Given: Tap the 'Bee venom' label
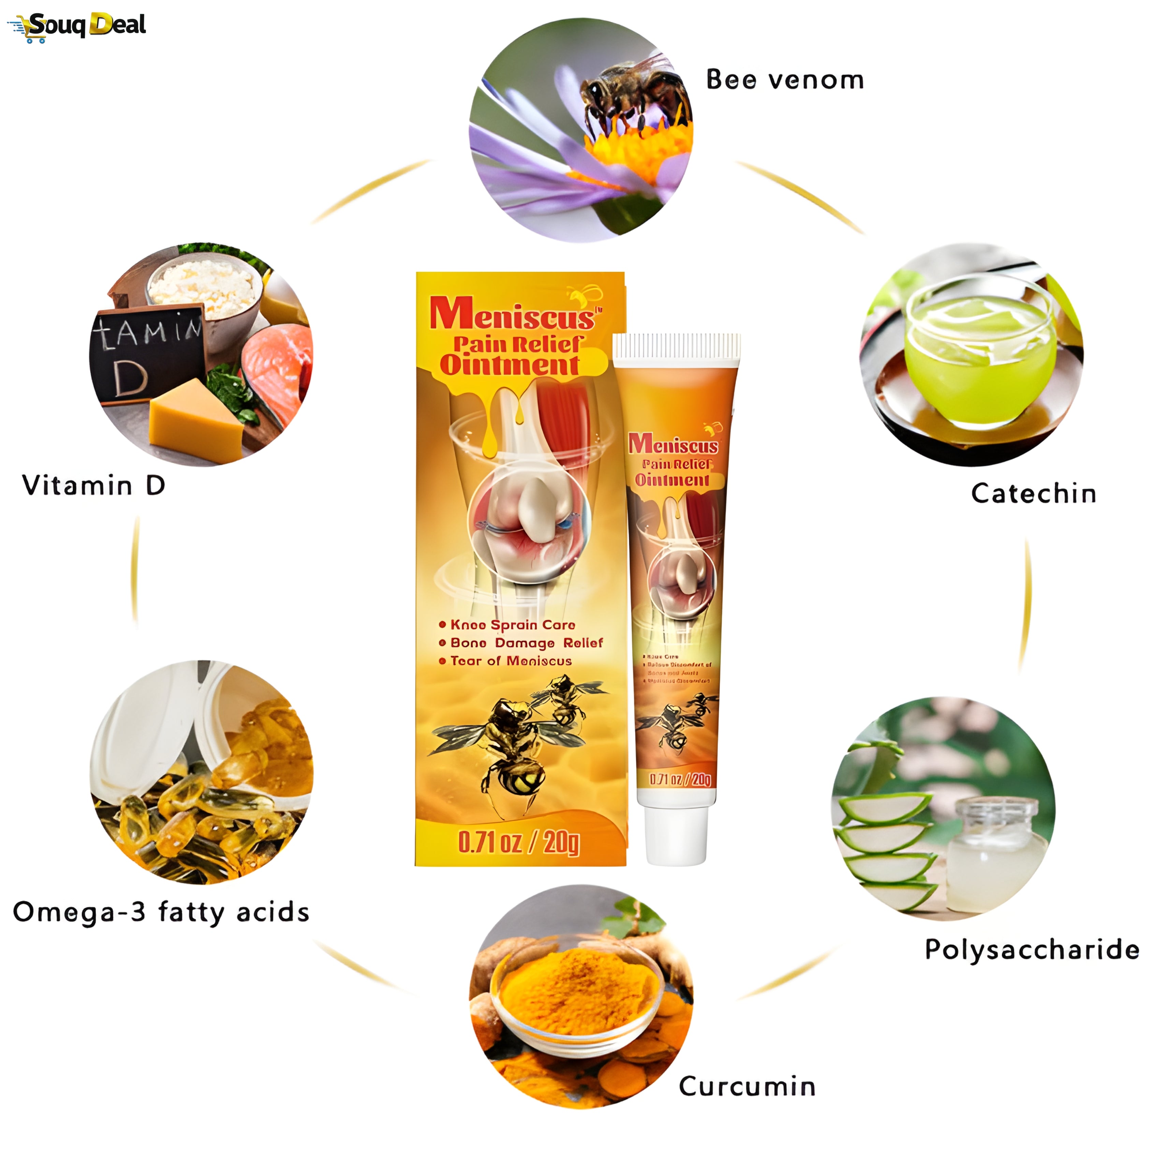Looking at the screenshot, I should (x=785, y=80).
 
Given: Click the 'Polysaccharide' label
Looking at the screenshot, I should (x=1031, y=949).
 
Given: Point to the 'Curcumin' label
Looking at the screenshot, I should (x=747, y=1086).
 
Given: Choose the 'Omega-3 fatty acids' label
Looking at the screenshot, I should (x=161, y=912).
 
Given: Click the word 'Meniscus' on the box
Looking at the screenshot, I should (x=512, y=314).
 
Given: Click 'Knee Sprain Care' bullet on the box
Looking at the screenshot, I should (x=512, y=625).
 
